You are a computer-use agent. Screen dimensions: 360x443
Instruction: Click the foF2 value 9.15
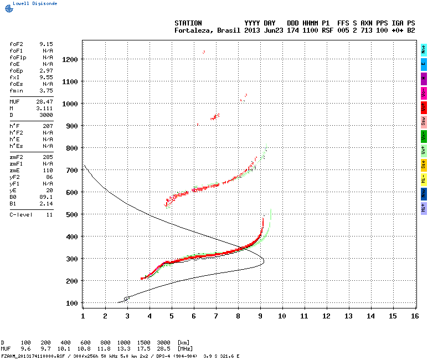tap(46, 43)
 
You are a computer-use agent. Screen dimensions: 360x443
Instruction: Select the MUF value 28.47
tap(44, 102)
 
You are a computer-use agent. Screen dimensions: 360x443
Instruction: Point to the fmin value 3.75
tap(46, 90)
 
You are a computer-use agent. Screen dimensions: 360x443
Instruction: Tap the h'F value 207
tap(48, 126)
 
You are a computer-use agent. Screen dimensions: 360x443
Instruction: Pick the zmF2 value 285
tap(48, 158)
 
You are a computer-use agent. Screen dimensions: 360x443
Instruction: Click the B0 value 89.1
tap(46, 196)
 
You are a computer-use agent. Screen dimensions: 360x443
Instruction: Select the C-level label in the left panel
tap(21, 214)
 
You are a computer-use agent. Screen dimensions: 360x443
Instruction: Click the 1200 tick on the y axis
tap(69, 59)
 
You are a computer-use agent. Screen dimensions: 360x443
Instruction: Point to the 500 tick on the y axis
tap(71, 214)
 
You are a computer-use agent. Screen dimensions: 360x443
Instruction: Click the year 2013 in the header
tap(252, 30)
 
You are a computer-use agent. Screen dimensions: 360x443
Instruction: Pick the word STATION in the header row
tap(188, 23)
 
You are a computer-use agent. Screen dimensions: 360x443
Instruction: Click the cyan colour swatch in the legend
tap(424, 49)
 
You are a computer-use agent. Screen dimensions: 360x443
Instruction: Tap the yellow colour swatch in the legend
tap(424, 164)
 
